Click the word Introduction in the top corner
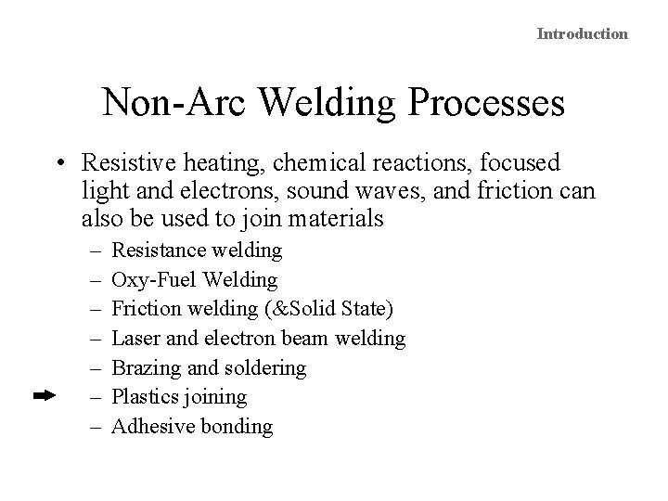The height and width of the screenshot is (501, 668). click(583, 33)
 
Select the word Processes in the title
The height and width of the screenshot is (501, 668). click(491, 102)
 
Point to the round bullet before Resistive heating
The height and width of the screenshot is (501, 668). click(58, 163)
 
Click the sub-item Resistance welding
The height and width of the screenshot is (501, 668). click(197, 250)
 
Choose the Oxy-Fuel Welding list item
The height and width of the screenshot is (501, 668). click(194, 278)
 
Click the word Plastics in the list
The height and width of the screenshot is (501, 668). click(145, 397)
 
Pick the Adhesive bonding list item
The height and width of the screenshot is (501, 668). click(192, 427)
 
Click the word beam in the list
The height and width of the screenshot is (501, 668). click(307, 338)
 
